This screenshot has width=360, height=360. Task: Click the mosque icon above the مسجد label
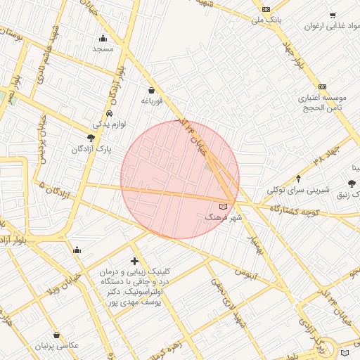click(103, 38)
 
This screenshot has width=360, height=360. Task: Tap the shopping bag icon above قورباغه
click(152, 90)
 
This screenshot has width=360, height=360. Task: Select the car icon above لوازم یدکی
click(110, 113)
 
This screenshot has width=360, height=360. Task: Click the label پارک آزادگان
click(91, 150)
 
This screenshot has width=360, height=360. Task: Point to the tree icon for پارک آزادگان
click(91, 138)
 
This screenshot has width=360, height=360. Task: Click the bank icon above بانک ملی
click(266, 8)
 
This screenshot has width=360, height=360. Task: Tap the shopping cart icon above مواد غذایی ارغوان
click(332, 15)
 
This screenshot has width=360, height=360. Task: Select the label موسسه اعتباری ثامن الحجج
click(322, 103)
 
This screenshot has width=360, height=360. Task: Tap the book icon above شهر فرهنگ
click(224, 207)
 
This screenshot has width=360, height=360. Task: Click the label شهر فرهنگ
click(224, 218)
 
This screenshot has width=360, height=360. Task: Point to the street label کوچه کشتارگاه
click(295, 210)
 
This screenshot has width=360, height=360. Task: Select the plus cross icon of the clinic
click(134, 262)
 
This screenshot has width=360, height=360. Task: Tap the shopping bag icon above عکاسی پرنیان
click(56, 335)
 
